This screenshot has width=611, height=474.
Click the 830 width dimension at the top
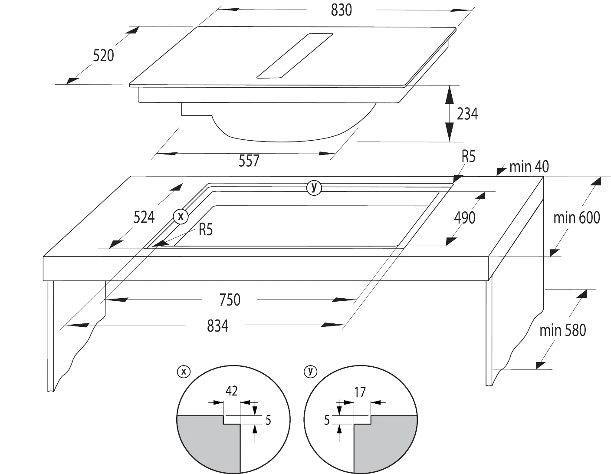coord(341,10)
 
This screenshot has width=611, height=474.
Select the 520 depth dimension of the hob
coord(103,56)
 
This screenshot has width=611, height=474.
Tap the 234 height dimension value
coord(467,114)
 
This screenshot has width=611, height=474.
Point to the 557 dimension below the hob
coord(249,161)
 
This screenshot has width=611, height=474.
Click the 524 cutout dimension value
coord(144,217)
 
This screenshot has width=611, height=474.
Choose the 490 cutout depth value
coord(465,218)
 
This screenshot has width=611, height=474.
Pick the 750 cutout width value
coord(230,300)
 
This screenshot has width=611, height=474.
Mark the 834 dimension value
coord(218,326)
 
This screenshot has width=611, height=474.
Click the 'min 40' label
coord(529,167)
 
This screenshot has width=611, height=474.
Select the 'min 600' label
coord(577,218)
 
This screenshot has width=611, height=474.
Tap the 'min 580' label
coord(563,331)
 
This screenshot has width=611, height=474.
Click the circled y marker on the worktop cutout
coord(314,188)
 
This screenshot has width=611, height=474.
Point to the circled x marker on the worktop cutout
coord(181,217)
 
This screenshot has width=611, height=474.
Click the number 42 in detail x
coord(231,391)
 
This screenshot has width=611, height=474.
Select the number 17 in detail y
coord(360,392)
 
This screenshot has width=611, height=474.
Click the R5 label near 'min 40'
coord(468,157)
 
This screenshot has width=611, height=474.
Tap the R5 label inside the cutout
coord(206,230)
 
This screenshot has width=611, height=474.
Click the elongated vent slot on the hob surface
coord(295,56)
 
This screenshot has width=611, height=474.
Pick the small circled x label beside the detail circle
coord(184,372)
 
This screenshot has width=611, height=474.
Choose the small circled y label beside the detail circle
coord(310,372)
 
